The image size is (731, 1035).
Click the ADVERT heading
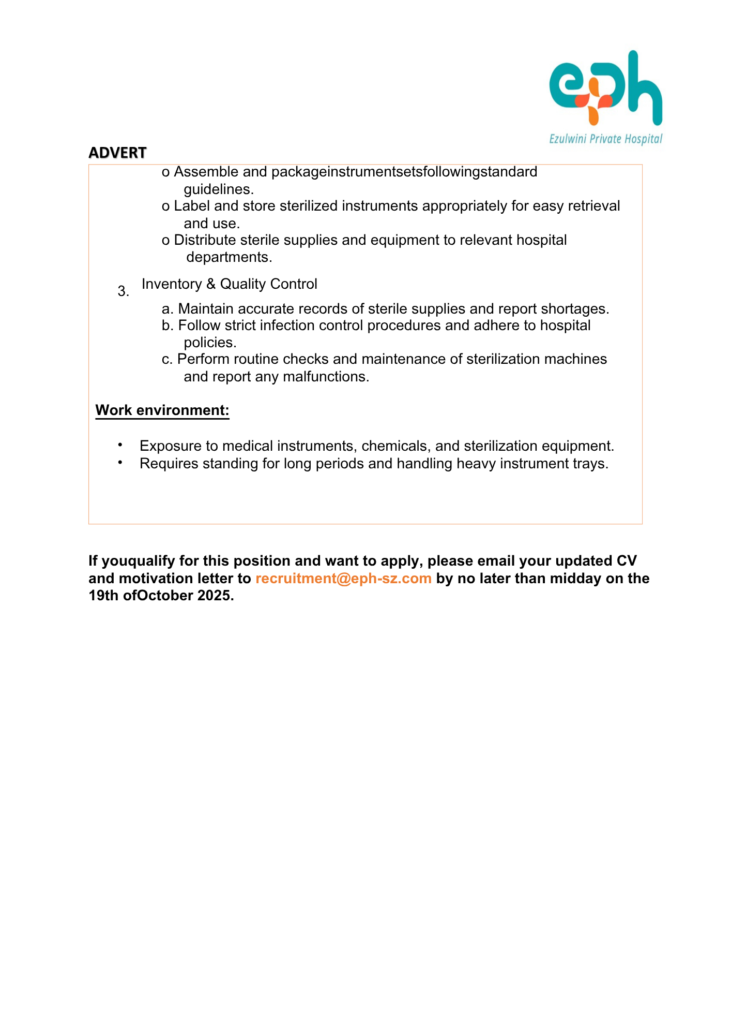pos(117,153)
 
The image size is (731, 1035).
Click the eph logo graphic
pos(605,88)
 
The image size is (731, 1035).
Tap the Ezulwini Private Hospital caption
pos(605,139)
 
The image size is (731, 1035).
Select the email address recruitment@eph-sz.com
pos(343,579)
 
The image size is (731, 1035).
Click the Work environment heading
pos(162,410)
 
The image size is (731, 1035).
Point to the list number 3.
pos(123,291)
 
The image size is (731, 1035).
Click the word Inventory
pos(172,284)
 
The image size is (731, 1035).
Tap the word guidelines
pos(218,189)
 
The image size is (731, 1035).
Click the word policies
pos(209,343)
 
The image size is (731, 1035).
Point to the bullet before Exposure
pos(120,445)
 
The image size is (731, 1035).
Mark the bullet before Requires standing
pos(120,463)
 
